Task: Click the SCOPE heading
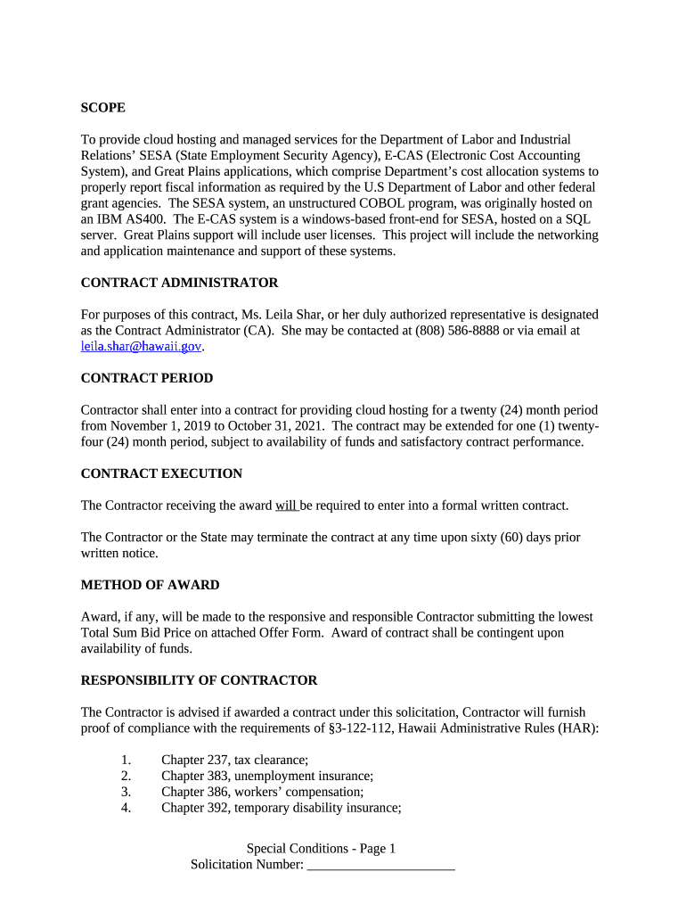[102, 108]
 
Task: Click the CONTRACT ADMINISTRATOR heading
[179, 283]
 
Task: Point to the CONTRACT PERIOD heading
[147, 378]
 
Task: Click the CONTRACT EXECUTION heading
[161, 473]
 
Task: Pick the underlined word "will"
[286, 506]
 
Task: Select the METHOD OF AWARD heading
[150, 585]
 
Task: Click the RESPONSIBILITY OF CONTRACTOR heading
[199, 680]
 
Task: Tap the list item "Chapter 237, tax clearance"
[234, 760]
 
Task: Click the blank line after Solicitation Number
[380, 865]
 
